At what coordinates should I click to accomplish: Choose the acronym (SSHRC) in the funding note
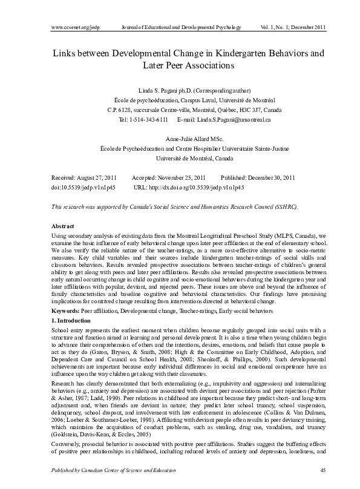click(283, 206)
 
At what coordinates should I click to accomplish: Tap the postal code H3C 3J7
click(239, 110)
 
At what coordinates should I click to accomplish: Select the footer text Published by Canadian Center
click(91, 470)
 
